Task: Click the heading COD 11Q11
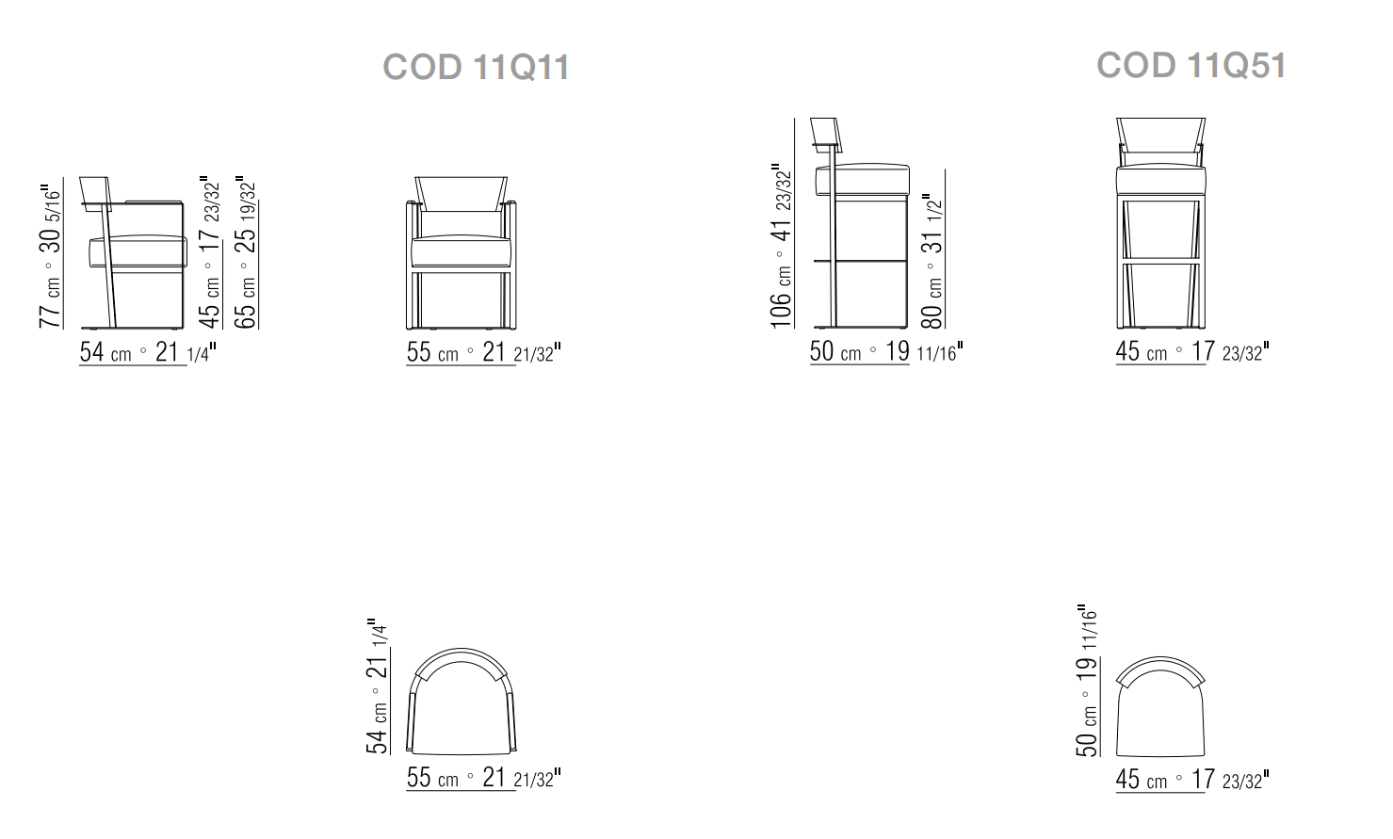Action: [476, 67]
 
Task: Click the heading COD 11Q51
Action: [1191, 65]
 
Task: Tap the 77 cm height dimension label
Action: [51, 255]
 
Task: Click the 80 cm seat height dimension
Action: [932, 261]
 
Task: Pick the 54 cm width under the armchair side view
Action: [148, 352]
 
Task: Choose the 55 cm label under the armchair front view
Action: [484, 352]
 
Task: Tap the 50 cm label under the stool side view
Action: [886, 351]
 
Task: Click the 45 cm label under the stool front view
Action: [1192, 351]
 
